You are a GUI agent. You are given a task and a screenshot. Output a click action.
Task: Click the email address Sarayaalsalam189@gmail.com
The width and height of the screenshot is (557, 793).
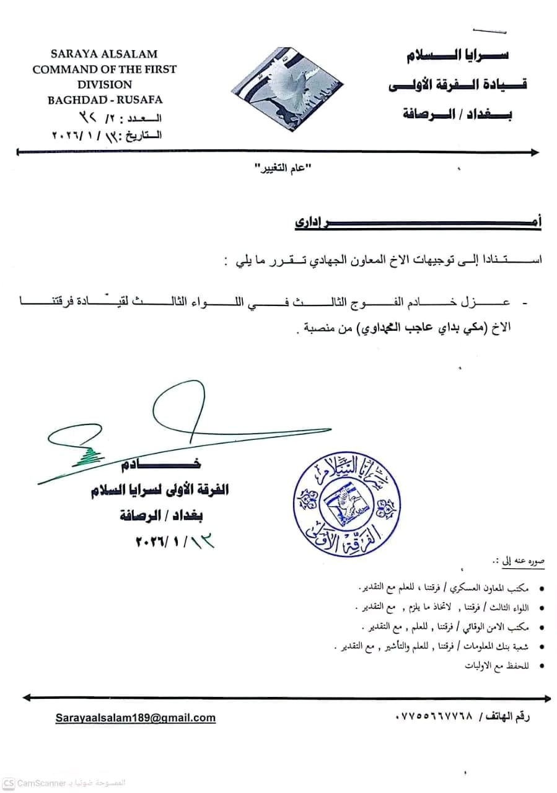(136, 717)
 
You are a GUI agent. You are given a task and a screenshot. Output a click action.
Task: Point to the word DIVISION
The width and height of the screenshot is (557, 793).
(105, 84)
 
